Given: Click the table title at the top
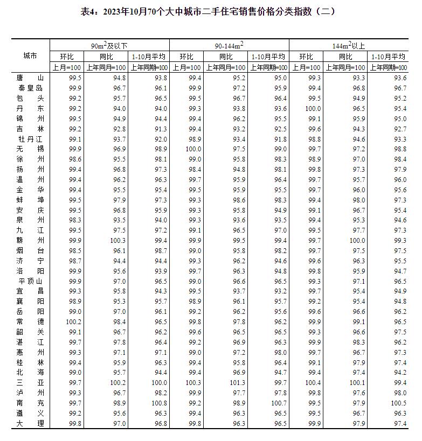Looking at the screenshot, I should pos(211,11).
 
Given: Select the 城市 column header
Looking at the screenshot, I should pos(30,56).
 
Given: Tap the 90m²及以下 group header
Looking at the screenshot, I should pos(109,46).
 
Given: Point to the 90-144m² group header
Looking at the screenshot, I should pos(229,46).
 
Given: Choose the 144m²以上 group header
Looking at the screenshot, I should pos(349,46).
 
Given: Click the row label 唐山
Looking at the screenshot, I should pos(30,78).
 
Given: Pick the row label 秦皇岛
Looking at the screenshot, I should pos(30,88).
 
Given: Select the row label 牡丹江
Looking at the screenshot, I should pos(30,139).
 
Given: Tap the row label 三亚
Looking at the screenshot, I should pos(30,382).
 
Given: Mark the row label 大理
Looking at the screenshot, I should pos(30,423).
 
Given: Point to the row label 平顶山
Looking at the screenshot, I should pos(30,281).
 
